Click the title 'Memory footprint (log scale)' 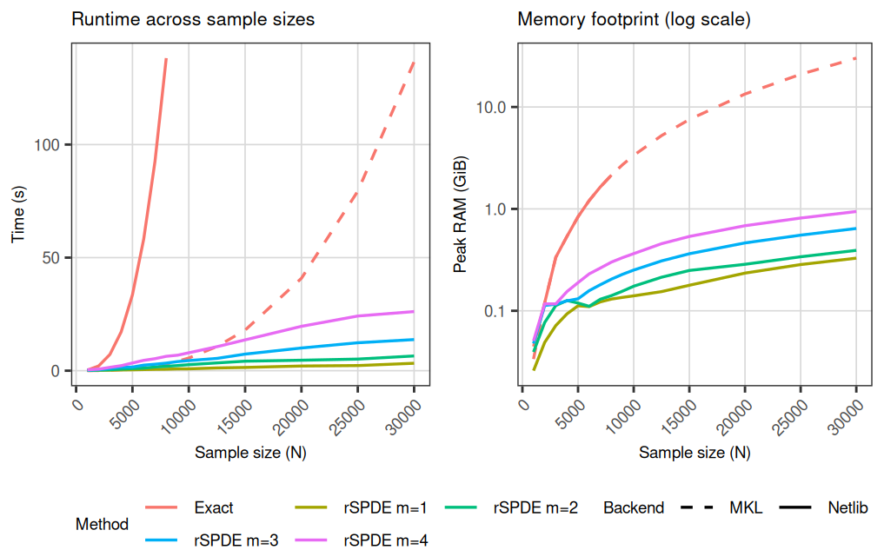[x=635, y=19]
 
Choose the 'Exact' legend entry [x=214, y=508]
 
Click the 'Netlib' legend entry [x=847, y=508]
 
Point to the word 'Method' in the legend [x=102, y=524]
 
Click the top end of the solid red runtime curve [x=166, y=59]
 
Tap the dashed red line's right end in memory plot [x=856, y=58]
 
